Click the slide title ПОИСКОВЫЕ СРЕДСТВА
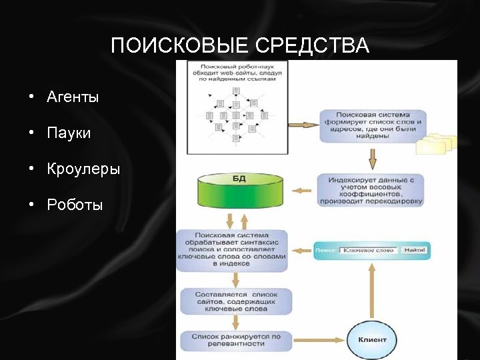tap(239, 46)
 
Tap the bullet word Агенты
tap(73, 97)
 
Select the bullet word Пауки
tap(69, 133)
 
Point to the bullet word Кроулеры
tap(83, 169)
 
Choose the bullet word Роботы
tap(75, 205)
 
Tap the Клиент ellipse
tap(372, 339)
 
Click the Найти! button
tap(415, 251)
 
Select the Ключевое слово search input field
tap(369, 251)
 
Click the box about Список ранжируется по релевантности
tap(236, 340)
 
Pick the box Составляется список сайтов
tap(236, 301)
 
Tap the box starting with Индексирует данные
tap(371, 190)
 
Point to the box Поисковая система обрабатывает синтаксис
tap(231, 249)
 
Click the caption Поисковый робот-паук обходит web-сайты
tap(238, 71)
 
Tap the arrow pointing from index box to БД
tap(303, 191)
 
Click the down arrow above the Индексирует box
tap(372, 158)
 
